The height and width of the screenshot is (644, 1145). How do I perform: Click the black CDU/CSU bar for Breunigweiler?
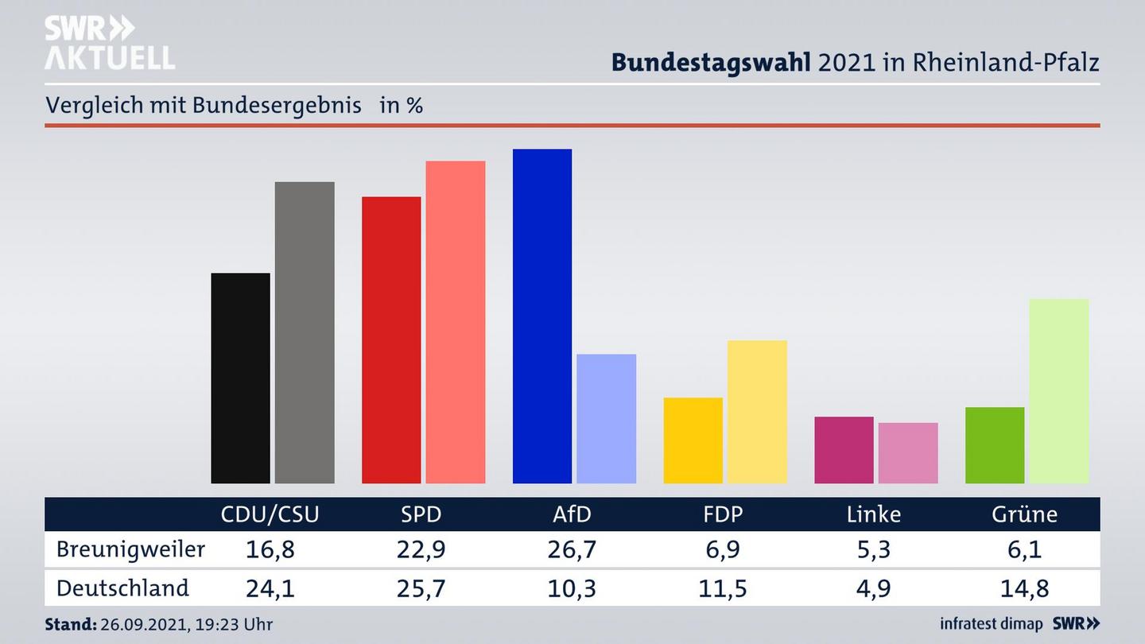tap(240, 378)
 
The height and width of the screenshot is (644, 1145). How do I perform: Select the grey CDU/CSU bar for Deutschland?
tap(305, 332)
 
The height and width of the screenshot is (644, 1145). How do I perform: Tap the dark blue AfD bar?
tap(542, 316)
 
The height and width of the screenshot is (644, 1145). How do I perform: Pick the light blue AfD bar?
tap(606, 418)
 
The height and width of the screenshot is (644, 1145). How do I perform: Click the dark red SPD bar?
tap(391, 339)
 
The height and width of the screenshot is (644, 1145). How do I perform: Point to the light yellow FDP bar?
tap(757, 411)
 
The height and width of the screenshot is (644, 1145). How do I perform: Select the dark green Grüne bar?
tap(995, 445)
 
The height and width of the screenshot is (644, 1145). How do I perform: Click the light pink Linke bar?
tap(908, 452)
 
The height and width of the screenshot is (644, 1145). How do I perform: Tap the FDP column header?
tap(723, 514)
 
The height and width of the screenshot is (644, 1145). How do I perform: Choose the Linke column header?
tap(874, 514)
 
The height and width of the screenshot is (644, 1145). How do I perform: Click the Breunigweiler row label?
tap(131, 549)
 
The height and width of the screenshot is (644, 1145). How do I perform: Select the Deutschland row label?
tap(122, 588)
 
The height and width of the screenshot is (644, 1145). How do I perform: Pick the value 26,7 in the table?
tap(572, 549)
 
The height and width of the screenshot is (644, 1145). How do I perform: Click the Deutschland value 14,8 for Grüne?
tap(1024, 588)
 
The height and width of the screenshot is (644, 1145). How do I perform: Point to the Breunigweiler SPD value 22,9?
tap(421, 549)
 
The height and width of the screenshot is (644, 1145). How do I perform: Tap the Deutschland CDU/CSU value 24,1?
tap(270, 588)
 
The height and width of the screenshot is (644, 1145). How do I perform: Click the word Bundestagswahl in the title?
tap(711, 63)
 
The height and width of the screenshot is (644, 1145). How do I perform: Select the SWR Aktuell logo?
tap(109, 43)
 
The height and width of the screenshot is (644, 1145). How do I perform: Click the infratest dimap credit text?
tap(992, 624)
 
